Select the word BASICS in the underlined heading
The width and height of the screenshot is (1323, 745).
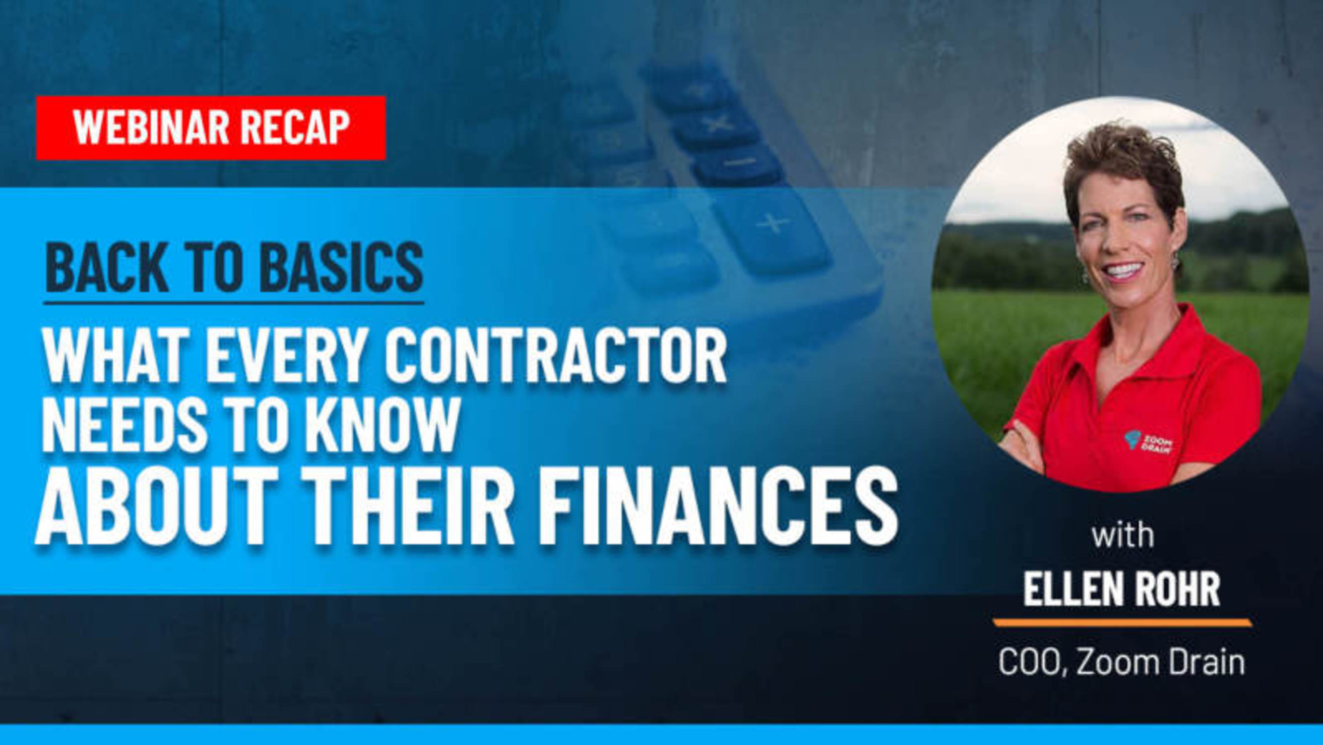tap(341, 268)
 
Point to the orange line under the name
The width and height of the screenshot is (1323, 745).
tap(1123, 623)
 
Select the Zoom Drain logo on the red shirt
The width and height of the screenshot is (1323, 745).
tap(1150, 442)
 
